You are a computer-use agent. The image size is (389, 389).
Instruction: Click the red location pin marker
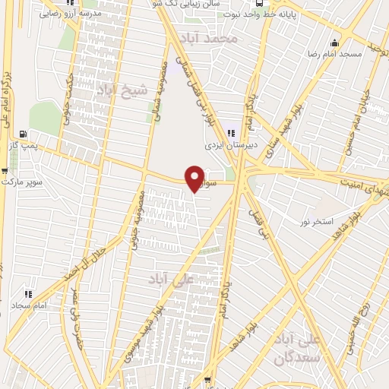(x=194, y=178)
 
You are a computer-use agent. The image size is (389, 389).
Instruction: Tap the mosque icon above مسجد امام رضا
(x=334, y=42)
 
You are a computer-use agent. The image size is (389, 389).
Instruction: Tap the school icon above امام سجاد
(x=27, y=293)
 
